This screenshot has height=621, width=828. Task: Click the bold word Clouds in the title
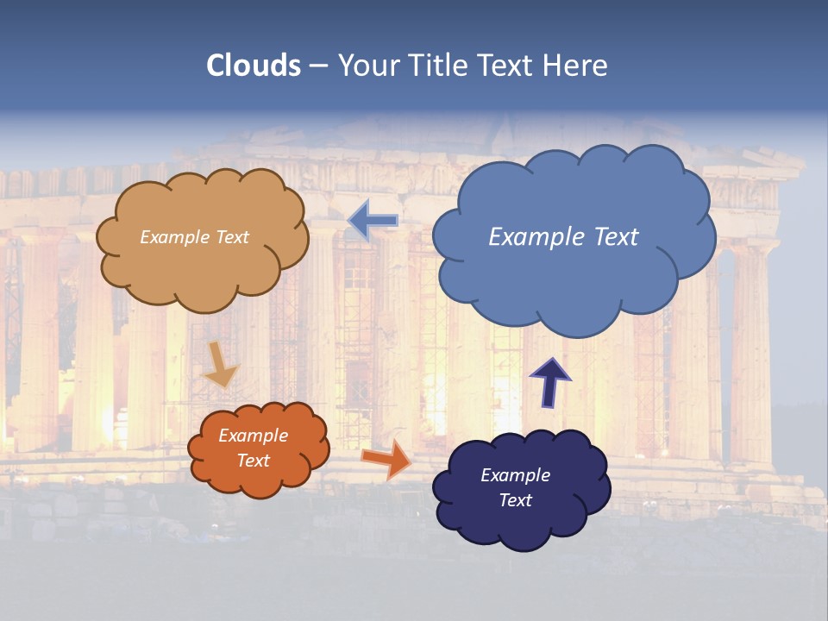[x=254, y=66]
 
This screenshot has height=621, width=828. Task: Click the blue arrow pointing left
[x=373, y=221]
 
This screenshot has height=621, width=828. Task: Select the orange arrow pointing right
[x=386, y=459]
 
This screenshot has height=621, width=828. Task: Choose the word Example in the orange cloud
[x=253, y=436]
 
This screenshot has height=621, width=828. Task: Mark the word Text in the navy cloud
[x=515, y=500]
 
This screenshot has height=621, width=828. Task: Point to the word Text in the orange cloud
[x=253, y=461]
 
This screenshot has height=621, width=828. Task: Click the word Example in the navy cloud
[x=515, y=475]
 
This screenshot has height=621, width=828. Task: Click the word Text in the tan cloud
[x=231, y=237]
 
